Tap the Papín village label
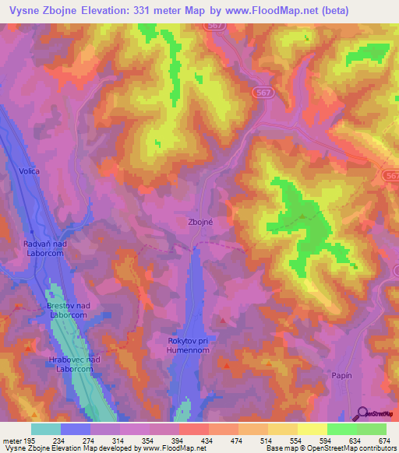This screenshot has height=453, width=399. tap(341, 375)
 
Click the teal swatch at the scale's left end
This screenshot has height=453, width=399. tap(46, 429)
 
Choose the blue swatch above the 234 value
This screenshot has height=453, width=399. tap(76, 429)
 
